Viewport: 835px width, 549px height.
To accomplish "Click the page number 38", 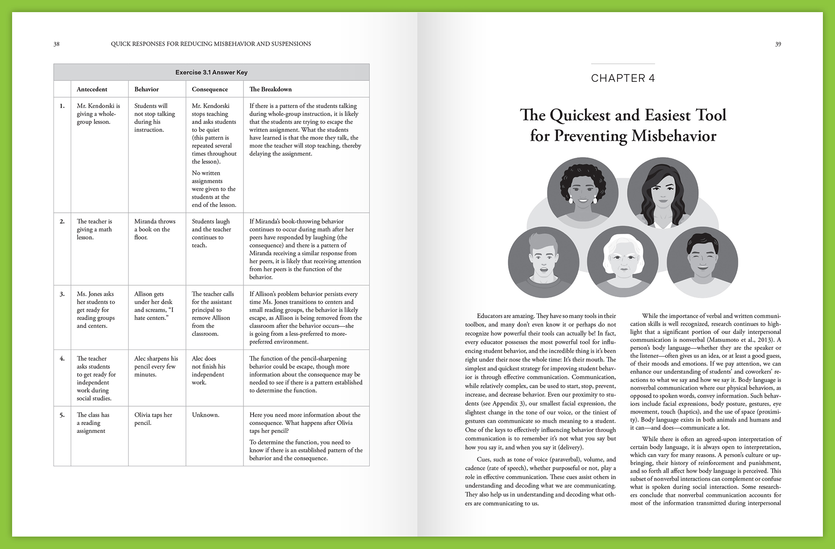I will point(56,44).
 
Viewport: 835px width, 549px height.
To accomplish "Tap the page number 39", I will point(778,44).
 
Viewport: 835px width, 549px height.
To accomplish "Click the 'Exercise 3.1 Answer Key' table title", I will point(211,73).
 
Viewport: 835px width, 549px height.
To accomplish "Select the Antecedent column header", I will point(92,89).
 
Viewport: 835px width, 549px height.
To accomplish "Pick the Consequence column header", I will point(210,89).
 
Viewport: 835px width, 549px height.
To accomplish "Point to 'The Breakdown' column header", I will point(270,89).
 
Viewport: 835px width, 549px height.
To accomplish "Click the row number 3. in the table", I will point(62,294).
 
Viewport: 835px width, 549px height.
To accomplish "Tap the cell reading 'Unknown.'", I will point(205,415).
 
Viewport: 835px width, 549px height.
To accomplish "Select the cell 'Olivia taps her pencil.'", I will point(153,419).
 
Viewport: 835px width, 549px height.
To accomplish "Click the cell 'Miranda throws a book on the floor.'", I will point(155,229).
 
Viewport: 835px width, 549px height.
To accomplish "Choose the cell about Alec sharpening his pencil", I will point(156,367).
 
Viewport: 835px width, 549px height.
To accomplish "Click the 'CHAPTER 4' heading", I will point(623,78).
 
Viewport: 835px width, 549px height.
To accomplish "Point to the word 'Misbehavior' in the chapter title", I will point(674,136).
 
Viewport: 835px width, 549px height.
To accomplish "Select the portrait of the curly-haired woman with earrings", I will point(583,193).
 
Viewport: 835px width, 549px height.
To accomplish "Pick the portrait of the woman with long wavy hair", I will point(662,193).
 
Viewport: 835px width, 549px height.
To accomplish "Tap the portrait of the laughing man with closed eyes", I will point(702,262).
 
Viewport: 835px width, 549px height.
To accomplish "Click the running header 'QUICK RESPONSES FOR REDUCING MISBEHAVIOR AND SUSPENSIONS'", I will point(211,44).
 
